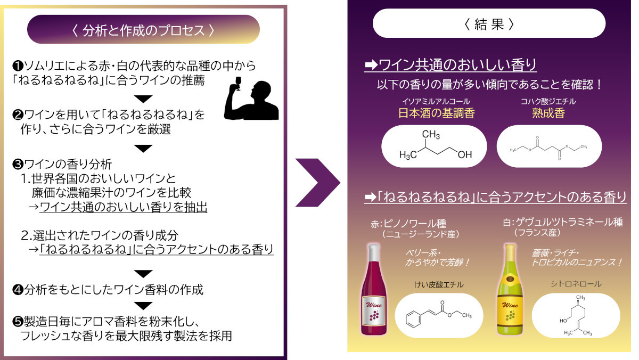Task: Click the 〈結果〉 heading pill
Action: tap(489, 23)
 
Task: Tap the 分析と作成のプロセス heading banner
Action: tap(143, 29)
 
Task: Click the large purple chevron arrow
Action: tap(317, 183)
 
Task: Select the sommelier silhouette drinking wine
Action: tap(251, 98)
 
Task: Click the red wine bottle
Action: tap(374, 290)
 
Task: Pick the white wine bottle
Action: tap(510, 290)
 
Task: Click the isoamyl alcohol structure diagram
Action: tap(434, 146)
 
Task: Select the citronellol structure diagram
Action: tap(576, 315)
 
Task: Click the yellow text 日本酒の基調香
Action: tap(437, 113)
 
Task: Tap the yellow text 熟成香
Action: tap(548, 113)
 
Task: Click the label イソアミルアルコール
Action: tap(436, 101)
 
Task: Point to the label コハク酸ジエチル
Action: tap(548, 101)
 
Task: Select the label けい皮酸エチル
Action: tap(439, 284)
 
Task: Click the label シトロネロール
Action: tap(576, 284)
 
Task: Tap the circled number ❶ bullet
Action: tap(18, 66)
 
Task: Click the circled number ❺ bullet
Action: tap(18, 322)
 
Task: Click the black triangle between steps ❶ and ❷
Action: tap(143, 99)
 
